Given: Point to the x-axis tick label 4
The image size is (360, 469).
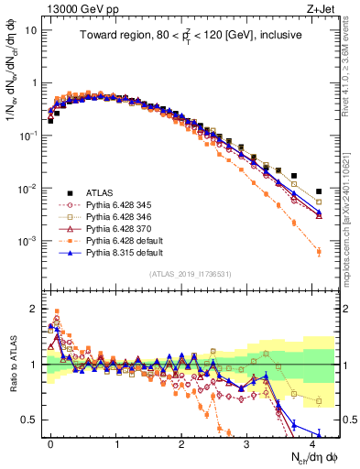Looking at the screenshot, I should [x=312, y=442].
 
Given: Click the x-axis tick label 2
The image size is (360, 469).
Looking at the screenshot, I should [x=181, y=442].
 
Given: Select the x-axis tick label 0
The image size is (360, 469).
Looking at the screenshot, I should [x=50, y=442].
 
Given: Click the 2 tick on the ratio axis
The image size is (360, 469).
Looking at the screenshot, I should [x=37, y=310].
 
